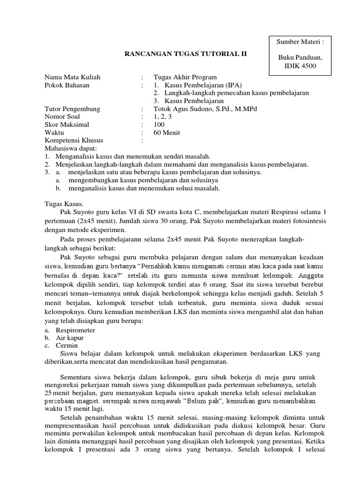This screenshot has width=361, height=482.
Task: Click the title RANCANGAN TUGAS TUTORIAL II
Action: [185, 54]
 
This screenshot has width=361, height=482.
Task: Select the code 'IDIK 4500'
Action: [299, 65]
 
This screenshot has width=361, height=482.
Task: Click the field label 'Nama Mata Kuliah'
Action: [72, 77]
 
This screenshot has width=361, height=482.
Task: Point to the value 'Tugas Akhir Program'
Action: [185, 77]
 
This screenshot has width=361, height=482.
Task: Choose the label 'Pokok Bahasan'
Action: [67, 85]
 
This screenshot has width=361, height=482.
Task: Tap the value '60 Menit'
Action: [167, 132]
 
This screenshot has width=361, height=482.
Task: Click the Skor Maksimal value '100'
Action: [159, 124]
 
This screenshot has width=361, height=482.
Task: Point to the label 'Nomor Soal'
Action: [63, 116]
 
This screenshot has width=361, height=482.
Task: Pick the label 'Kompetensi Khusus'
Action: [74, 140]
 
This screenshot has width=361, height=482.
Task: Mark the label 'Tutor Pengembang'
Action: [72, 109]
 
